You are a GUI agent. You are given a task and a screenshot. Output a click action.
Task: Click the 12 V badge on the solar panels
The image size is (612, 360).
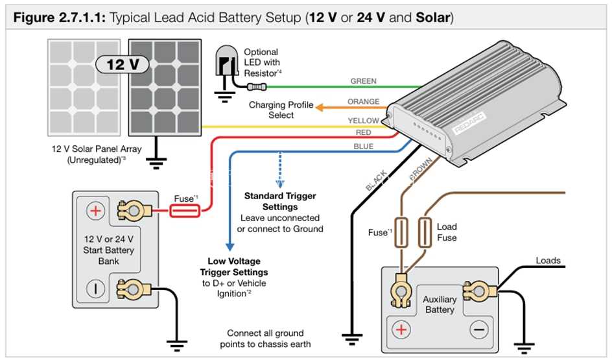tap(122, 64)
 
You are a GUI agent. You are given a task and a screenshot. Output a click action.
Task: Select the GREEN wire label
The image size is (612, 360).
tap(363, 81)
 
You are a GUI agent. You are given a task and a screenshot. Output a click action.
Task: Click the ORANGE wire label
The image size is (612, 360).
tap(363, 102)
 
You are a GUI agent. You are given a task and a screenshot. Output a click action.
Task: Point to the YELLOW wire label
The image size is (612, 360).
tap(363, 121)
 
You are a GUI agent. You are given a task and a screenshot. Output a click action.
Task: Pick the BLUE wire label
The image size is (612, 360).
tap(363, 147)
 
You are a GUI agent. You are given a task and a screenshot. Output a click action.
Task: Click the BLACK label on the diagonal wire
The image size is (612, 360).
tap(376, 181)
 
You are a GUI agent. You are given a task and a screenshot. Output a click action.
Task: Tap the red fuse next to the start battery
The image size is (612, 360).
tap(185, 211)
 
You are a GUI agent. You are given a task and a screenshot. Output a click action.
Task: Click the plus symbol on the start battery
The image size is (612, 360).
tap(95, 211)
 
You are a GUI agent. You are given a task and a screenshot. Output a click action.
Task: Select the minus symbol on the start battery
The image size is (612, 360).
tap(95, 289)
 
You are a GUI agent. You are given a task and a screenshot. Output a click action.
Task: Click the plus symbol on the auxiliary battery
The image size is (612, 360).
tap(401, 330)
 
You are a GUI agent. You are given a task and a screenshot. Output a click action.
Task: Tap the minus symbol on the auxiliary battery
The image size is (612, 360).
tap(479, 330)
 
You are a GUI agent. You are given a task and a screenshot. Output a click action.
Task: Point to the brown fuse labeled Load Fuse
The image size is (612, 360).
tap(425, 232)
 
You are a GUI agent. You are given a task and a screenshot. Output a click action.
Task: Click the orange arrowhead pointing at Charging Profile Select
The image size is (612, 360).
tap(319, 108)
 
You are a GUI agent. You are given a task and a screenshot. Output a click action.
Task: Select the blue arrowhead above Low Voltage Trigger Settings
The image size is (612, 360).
tap(230, 246)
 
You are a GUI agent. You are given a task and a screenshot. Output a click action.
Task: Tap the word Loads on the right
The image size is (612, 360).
tap(548, 261)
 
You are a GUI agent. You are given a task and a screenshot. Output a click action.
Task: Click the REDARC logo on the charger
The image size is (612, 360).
tap(469, 124)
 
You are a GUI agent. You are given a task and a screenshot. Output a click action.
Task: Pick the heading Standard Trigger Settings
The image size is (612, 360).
tap(280, 201)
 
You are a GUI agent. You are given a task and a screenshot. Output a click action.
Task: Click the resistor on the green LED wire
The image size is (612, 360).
tap(257, 87)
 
